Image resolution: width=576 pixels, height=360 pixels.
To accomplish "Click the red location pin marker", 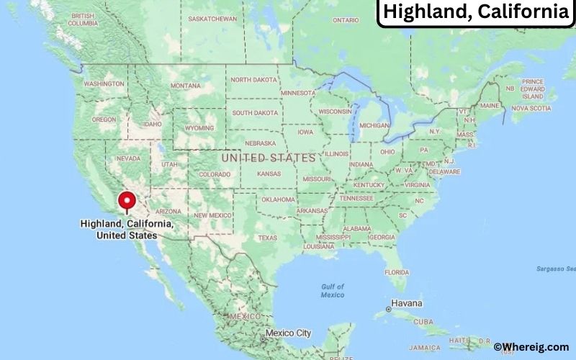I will [x=127, y=201].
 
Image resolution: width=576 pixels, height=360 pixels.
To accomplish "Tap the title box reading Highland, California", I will [x=475, y=12].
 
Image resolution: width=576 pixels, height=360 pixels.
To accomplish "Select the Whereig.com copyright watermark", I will [x=532, y=347].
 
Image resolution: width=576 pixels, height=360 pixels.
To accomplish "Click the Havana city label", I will [x=406, y=304].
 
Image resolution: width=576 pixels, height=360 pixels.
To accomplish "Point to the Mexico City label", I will [x=288, y=333].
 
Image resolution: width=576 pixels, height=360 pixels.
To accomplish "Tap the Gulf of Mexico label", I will [x=332, y=290].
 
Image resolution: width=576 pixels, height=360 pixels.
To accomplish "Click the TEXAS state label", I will [x=267, y=238].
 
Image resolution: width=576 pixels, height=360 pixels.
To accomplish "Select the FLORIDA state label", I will [x=396, y=272].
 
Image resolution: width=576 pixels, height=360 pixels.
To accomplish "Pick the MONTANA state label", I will [x=185, y=86].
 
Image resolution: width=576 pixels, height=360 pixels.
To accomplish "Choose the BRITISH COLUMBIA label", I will [x=84, y=19].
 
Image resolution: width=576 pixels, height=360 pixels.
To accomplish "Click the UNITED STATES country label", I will [x=268, y=157].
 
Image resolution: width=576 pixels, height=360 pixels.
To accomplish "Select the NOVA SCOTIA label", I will [x=531, y=108].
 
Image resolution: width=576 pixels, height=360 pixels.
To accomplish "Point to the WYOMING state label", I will [x=199, y=127].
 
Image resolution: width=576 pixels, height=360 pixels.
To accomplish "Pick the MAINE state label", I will [x=490, y=105].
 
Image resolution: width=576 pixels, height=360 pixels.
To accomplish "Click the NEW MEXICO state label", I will [x=212, y=215].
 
